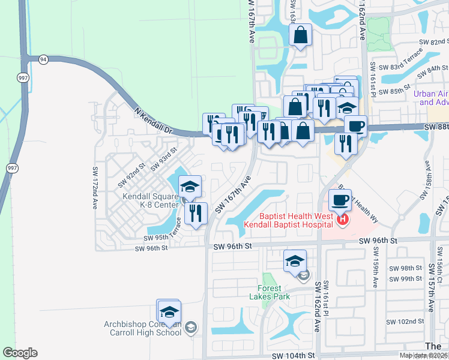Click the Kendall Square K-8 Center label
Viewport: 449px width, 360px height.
coord(151,200)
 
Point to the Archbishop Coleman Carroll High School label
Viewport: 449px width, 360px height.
coord(142,328)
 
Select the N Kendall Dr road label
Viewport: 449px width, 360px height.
coord(153,120)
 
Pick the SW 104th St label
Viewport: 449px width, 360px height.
coord(293,355)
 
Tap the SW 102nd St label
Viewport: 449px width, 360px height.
coord(405,322)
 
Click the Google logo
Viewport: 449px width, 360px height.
coord(20,353)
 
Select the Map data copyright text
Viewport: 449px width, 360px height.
coord(423,355)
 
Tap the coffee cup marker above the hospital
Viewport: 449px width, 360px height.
coord(340,200)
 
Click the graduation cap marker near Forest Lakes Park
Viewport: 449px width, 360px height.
coord(295,261)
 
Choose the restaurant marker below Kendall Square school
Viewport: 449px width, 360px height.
coord(196,213)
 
